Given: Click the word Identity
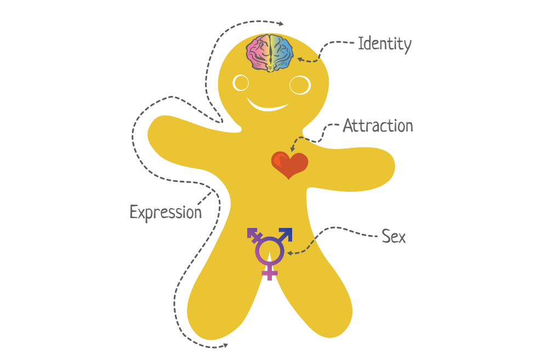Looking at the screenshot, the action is tap(385, 44).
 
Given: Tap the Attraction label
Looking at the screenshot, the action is tap(378, 125).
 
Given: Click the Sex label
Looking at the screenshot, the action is tap(394, 237).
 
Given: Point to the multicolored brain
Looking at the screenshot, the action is tap(270, 53).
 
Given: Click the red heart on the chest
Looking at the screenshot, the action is tap(289, 165).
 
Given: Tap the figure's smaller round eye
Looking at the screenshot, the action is tap(241, 83).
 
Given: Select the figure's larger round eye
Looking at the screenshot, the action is tap(300, 85).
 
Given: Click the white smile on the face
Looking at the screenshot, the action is tap(267, 106).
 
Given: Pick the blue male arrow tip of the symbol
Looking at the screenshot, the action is tap(287, 233).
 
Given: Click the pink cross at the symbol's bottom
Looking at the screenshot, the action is tap(269, 272).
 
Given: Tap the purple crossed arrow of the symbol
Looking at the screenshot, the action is tap(255, 235).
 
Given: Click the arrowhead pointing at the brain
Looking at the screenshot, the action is tap(300, 60).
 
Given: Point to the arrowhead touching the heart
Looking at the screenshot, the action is tap(292, 149).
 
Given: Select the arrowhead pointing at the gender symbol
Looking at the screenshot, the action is tap(289, 253).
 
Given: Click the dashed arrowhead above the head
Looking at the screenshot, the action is tap(281, 24).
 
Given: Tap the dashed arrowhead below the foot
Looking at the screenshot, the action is tap(225, 345).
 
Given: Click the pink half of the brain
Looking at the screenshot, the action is tap(258, 53).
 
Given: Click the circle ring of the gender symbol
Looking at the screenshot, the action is tap(256, 251).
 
